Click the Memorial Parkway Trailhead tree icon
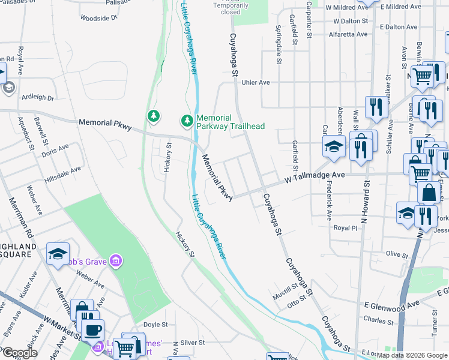187,121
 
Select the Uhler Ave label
255,83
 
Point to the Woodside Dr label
98,19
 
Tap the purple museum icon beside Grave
115,261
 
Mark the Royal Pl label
345,228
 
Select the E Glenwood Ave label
391,305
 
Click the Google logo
19,353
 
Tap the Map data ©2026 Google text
412,355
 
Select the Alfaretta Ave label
348,34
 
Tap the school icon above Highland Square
58,254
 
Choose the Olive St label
397,254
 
